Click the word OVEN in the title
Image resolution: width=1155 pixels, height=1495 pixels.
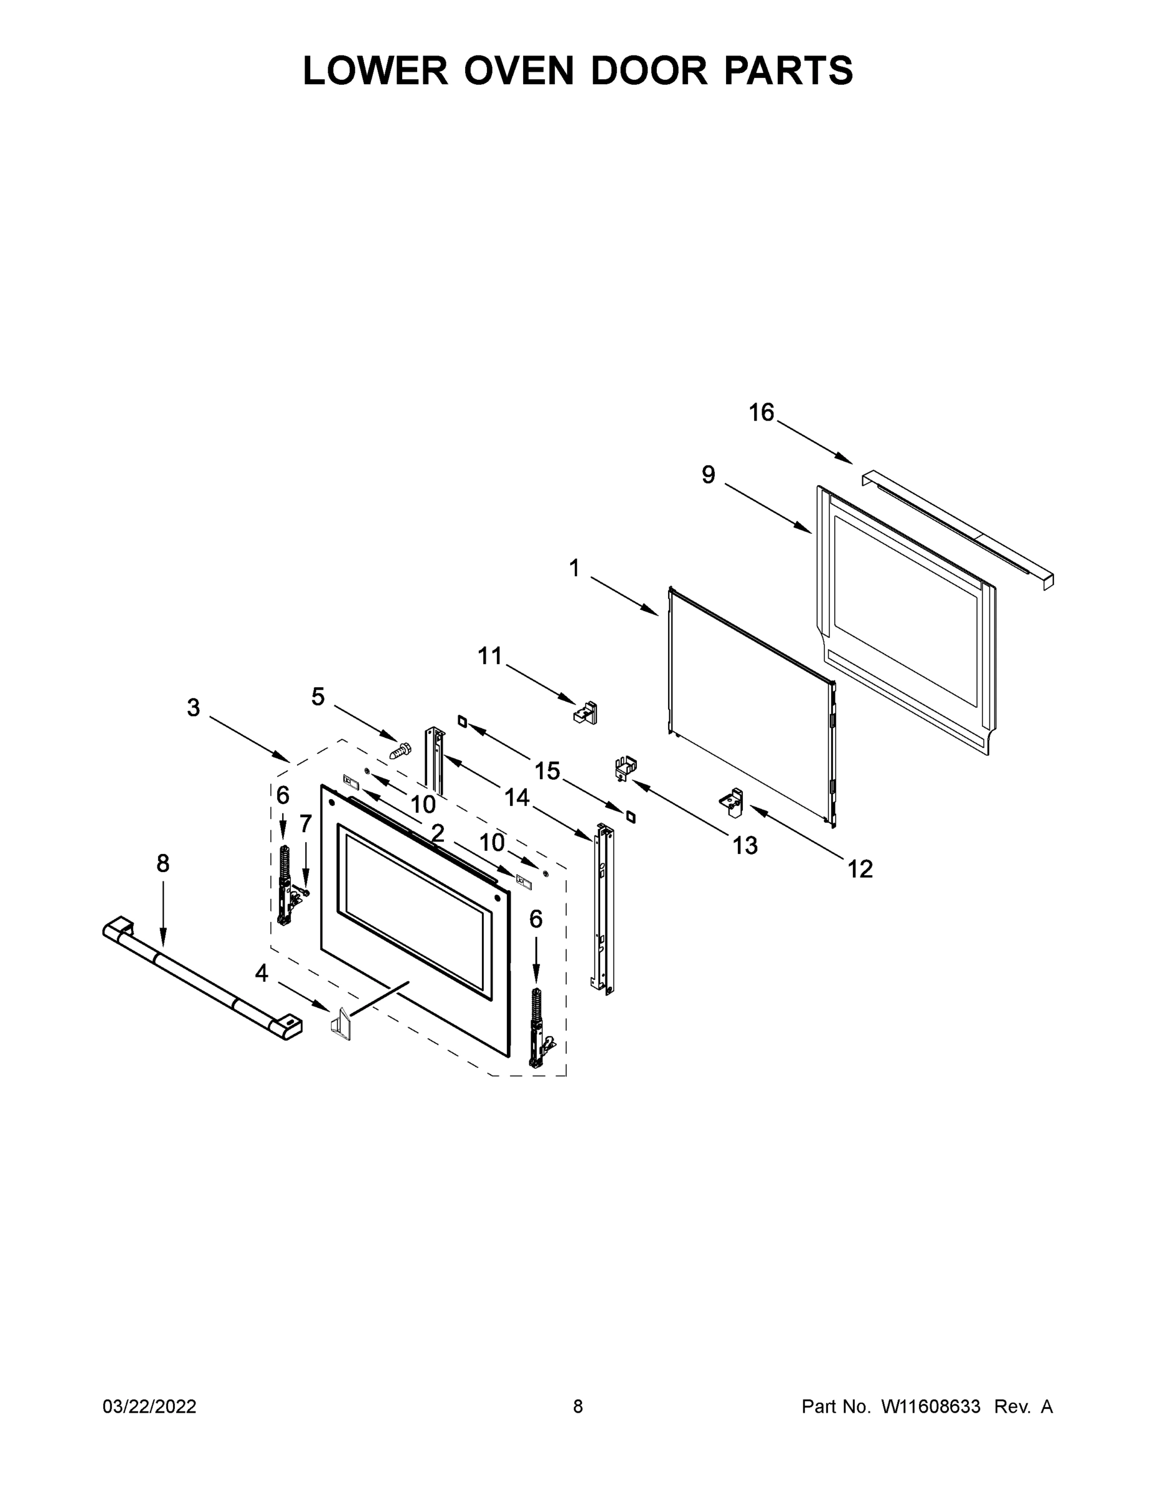[519, 70]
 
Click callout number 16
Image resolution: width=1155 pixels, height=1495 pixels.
[761, 412]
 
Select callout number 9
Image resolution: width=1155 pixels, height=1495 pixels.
[708, 475]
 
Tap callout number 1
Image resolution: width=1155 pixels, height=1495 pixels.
[574, 567]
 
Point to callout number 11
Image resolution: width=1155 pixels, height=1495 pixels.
[490, 656]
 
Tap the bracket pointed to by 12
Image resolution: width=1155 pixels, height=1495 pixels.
[732, 802]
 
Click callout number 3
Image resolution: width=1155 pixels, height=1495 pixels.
[194, 707]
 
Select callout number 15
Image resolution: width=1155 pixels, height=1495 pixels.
[547, 771]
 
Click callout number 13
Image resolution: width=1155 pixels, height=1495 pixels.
[745, 846]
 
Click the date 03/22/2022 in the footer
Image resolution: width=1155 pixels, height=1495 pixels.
[149, 1407]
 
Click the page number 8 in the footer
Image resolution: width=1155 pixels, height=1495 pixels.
[578, 1407]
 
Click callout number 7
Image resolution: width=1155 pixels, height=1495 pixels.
[305, 823]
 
